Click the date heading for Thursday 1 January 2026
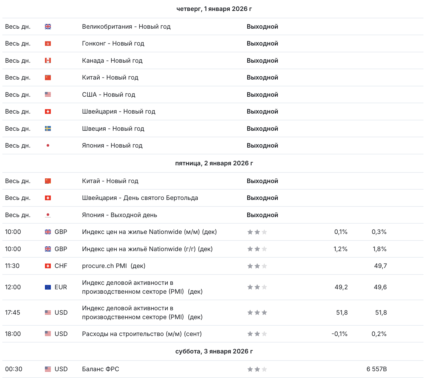(214, 9)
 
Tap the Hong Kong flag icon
(48, 43)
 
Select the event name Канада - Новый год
(112, 61)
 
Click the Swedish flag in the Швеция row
(48, 129)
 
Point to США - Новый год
(109, 95)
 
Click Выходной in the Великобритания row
(262, 27)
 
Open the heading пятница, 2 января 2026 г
(214, 163)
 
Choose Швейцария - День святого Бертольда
(140, 198)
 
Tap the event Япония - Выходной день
(119, 215)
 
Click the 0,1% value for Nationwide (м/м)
(341, 232)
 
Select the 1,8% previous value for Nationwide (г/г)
(379, 249)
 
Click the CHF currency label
(61, 266)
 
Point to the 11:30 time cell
(12, 266)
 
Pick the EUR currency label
(61, 287)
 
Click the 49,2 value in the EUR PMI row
(341, 287)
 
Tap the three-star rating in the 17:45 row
(257, 313)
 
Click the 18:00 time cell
(13, 334)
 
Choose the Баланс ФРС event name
(101, 369)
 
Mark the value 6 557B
(376, 369)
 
